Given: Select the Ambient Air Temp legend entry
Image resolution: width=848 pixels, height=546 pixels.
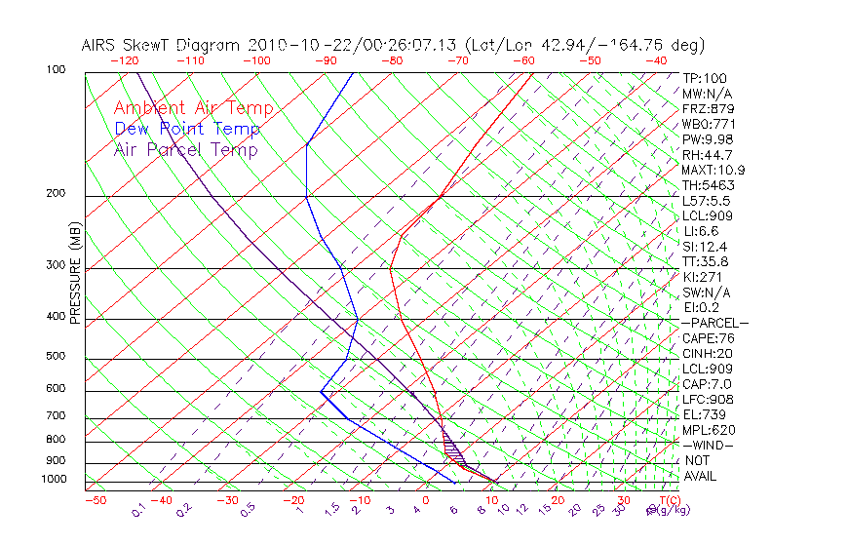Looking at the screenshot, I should [193, 108].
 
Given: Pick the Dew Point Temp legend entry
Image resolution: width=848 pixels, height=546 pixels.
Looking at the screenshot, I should [186, 129].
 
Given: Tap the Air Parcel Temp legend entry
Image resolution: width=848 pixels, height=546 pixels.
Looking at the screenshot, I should [185, 149].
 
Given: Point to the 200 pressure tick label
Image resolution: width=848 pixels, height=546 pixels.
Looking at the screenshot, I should [57, 194].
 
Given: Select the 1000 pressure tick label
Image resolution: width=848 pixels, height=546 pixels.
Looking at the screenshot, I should [54, 480].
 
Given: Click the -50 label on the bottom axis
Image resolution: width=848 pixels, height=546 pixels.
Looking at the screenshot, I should [95, 500].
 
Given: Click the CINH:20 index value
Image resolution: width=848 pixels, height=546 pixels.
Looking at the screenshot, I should [707, 354].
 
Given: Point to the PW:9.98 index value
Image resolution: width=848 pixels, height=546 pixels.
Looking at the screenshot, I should [707, 139].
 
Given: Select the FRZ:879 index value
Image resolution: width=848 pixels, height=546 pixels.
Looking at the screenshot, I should [708, 109].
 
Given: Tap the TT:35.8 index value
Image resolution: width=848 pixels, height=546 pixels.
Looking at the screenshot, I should [707, 261].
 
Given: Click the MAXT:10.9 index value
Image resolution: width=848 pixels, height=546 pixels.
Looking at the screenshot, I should [713, 171].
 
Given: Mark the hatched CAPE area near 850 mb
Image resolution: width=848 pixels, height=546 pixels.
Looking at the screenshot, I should [451, 449].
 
